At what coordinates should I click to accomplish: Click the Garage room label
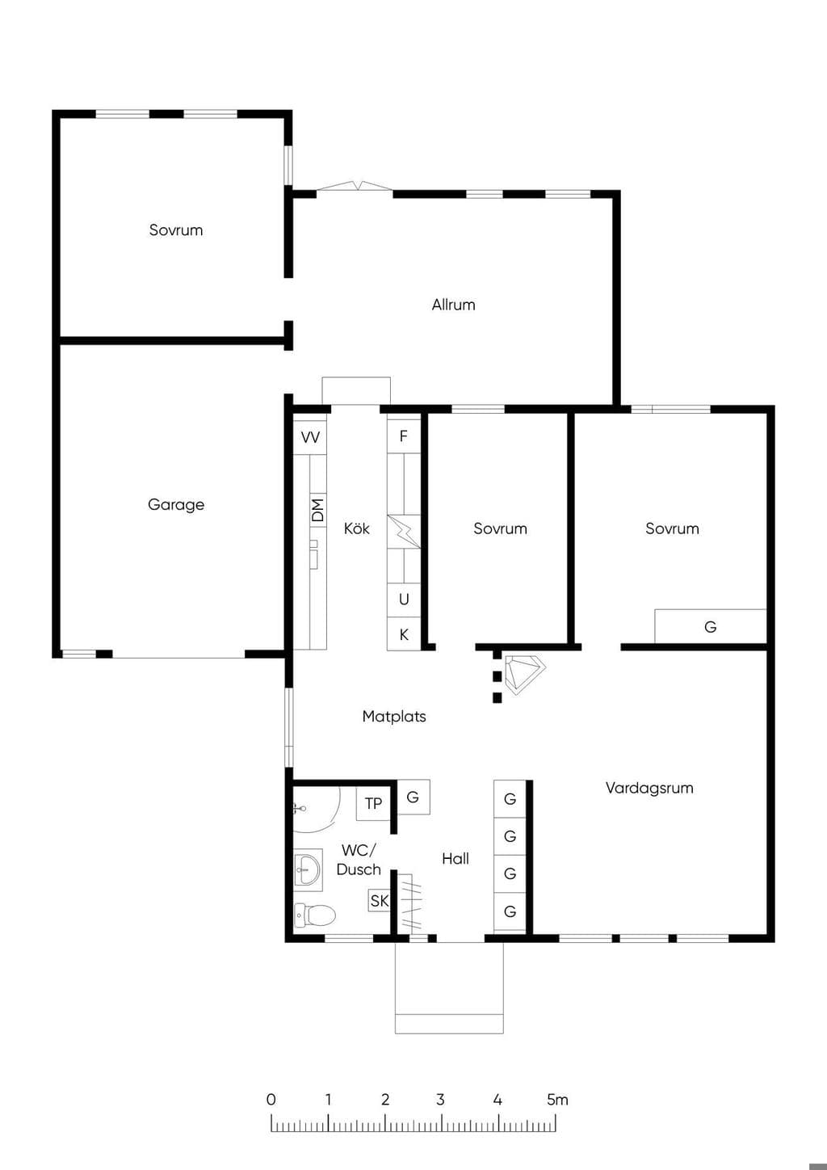coord(176,505)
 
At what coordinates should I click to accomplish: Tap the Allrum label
coord(453,305)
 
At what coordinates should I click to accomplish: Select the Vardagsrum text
coord(649,788)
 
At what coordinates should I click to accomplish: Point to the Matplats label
coord(394,716)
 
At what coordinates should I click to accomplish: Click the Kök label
coord(357,528)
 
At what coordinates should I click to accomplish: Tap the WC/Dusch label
coord(359,860)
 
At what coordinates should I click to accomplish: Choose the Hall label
coord(455,859)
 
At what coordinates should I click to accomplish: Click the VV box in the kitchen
coord(310,437)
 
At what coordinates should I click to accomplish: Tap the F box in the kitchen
coord(404,436)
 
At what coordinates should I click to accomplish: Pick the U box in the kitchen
coord(404,600)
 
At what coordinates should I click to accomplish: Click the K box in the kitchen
coord(404,634)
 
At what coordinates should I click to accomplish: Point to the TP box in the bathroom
coord(373,804)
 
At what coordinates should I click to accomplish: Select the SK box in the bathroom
coord(380,900)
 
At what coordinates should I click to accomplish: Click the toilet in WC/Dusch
coord(314,915)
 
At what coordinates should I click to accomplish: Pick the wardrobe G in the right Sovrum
coord(711,627)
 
